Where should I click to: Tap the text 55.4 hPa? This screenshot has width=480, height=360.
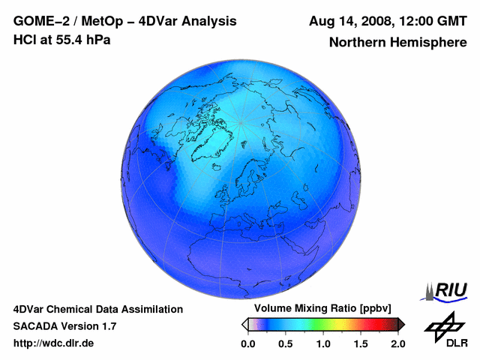(77, 40)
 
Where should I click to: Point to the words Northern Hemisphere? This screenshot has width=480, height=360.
(397, 43)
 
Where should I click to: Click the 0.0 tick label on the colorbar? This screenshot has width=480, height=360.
(247, 343)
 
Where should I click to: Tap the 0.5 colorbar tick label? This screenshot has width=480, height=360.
(286, 343)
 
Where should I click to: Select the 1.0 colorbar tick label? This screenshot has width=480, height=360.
(323, 343)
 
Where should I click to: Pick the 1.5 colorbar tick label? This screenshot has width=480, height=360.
(361, 343)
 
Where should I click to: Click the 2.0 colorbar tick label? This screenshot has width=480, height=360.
(397, 343)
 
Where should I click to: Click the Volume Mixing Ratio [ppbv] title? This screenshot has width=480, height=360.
(319, 309)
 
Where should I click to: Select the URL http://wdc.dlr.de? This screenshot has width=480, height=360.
(54, 343)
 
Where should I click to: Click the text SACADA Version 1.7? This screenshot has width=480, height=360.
(64, 326)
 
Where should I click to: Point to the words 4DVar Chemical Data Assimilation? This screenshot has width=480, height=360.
(98, 309)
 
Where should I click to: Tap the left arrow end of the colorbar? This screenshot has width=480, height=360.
(245, 324)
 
